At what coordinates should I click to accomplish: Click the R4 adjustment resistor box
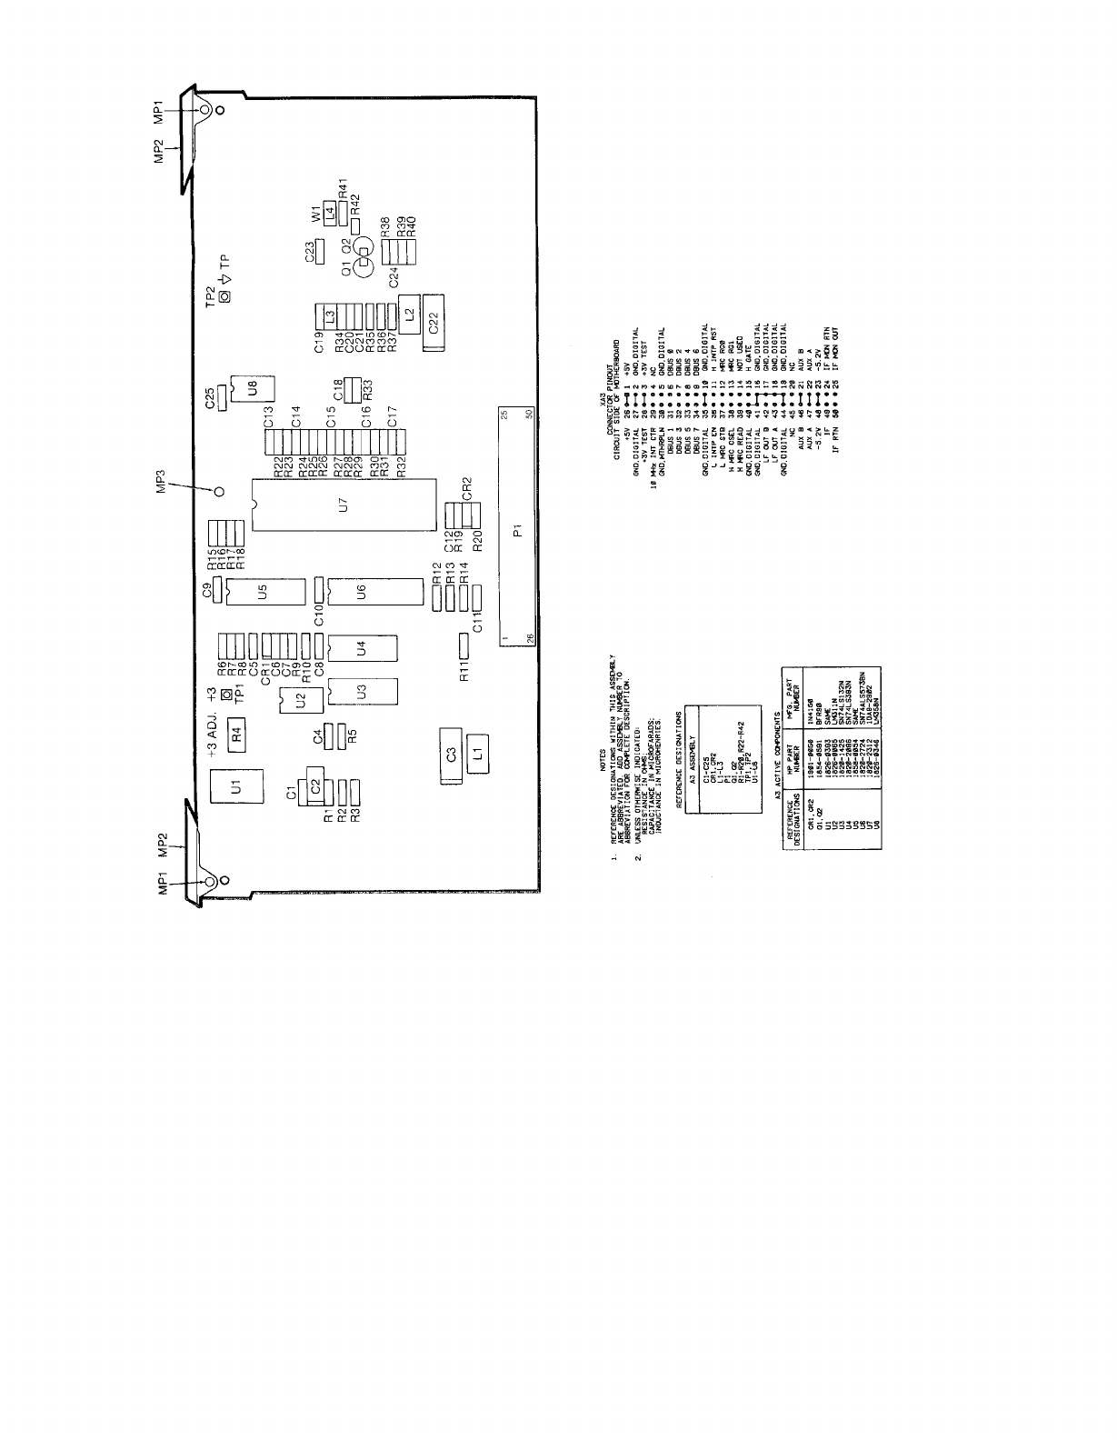click(235, 730)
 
